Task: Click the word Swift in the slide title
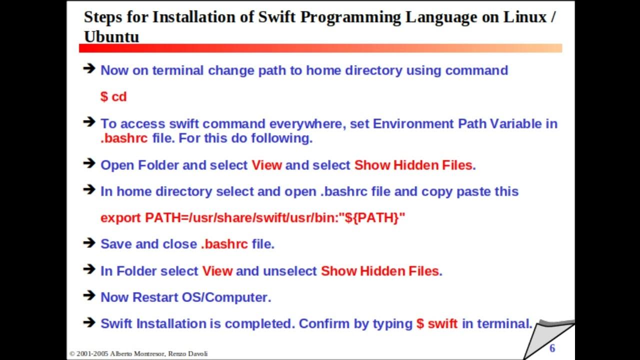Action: [x=277, y=17]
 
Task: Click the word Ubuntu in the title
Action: [x=111, y=36]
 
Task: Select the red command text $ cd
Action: [x=113, y=96]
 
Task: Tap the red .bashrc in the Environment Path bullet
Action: [x=124, y=138]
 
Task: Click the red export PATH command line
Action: [x=252, y=217]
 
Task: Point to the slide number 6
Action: [x=552, y=348]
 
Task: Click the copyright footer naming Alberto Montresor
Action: [x=138, y=353]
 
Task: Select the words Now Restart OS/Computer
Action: [x=185, y=297]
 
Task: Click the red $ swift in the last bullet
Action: [x=436, y=323]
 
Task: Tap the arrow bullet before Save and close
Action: [x=89, y=243]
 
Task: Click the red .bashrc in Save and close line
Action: [x=224, y=244]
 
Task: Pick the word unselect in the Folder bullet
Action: [x=289, y=271]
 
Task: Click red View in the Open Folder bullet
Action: [x=266, y=165]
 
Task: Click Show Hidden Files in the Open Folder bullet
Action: [x=413, y=165]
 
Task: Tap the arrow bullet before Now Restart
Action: [x=89, y=296]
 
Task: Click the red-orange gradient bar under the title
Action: [x=320, y=48]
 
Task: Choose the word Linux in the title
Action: [x=524, y=17]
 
